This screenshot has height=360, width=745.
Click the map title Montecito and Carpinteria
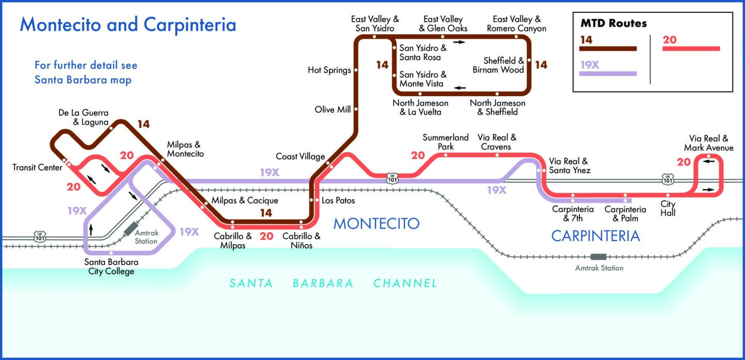(128, 25)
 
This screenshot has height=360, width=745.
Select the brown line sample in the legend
(608, 49)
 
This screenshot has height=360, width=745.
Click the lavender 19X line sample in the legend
(608, 73)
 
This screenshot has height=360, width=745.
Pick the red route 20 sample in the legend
(691, 49)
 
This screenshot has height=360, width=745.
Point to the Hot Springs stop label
(329, 70)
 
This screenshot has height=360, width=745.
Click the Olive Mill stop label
(333, 109)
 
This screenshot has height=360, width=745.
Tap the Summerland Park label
(445, 142)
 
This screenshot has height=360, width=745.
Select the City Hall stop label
(668, 208)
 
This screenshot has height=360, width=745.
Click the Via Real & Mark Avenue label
(708, 143)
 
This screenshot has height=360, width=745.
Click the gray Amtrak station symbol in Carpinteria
(599, 257)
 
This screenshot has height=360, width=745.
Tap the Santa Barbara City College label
(111, 266)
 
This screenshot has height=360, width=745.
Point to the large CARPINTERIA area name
(595, 236)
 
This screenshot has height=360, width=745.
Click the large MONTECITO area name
(376, 223)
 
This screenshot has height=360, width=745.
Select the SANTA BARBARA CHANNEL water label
(334, 283)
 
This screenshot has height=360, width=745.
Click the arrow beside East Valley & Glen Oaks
(459, 41)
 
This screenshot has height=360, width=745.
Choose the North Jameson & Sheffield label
(497, 107)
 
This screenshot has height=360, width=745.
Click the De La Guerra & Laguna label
(83, 117)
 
